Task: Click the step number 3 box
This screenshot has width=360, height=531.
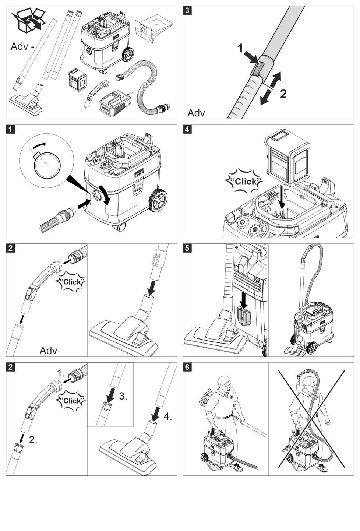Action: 187,10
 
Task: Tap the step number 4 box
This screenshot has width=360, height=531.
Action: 187,129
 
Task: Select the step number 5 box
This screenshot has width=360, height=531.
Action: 187,248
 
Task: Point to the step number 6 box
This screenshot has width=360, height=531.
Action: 187,367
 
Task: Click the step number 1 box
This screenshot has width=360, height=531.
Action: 10,129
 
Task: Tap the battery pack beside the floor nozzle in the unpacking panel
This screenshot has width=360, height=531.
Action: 77,79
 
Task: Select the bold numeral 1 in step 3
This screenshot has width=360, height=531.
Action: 240,48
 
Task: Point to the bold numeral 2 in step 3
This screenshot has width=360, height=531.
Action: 283,94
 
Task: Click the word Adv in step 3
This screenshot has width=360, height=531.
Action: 196,113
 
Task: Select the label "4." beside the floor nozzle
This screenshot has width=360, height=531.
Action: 168,416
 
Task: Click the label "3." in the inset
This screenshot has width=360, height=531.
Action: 123,396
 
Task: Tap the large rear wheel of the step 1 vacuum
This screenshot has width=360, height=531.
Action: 159,201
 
